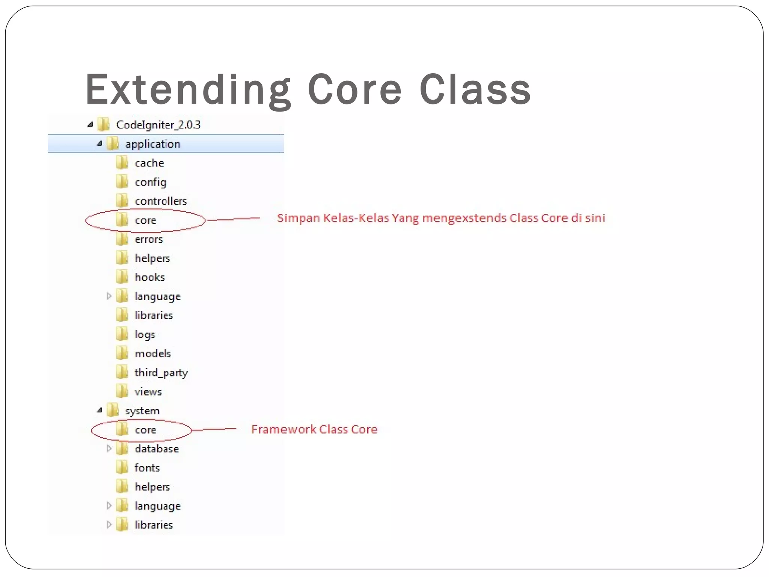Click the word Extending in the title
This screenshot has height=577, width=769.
coord(188,90)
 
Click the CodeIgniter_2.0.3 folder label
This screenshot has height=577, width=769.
coord(158,125)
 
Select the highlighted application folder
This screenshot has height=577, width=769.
coord(152,144)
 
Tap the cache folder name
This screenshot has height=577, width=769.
coord(149,163)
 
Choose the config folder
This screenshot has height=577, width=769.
coord(150,182)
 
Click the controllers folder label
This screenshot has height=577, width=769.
coord(161,201)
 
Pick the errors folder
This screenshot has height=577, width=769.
coord(149,239)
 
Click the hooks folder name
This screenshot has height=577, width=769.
coord(149,277)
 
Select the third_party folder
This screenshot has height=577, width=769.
coord(161,373)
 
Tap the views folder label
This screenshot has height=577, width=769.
coord(148,392)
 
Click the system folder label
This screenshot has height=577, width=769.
coord(142,411)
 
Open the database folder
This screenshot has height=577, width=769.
coord(157,449)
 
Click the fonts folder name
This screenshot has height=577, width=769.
coord(147,468)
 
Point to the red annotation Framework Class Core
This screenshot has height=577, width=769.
coord(314,429)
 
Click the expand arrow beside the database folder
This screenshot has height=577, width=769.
coord(109,449)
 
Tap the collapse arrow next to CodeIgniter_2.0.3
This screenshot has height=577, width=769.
coord(90,124)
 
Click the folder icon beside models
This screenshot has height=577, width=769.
coord(122,353)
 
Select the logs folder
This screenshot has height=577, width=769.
coord(145,335)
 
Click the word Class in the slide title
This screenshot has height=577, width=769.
coord(475,90)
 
